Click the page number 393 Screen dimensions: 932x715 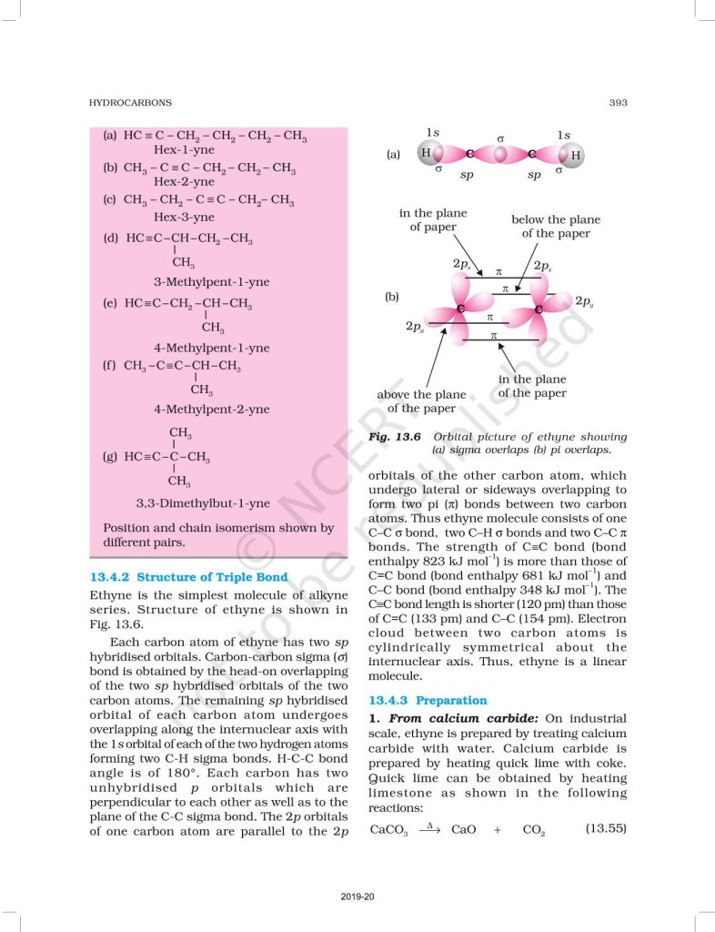pyautogui.click(x=618, y=103)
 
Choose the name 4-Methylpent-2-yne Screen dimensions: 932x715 pyautogui.click(x=211, y=410)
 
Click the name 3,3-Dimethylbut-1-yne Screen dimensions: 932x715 pyautogui.click(x=203, y=503)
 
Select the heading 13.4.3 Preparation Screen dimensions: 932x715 pyautogui.click(x=428, y=701)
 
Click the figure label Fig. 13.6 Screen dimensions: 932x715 pyautogui.click(x=394, y=437)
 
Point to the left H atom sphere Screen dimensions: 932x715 pyautogui.click(x=427, y=153)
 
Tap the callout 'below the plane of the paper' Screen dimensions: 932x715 pyautogui.click(x=555, y=227)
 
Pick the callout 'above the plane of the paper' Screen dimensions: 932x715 pyautogui.click(x=421, y=401)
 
